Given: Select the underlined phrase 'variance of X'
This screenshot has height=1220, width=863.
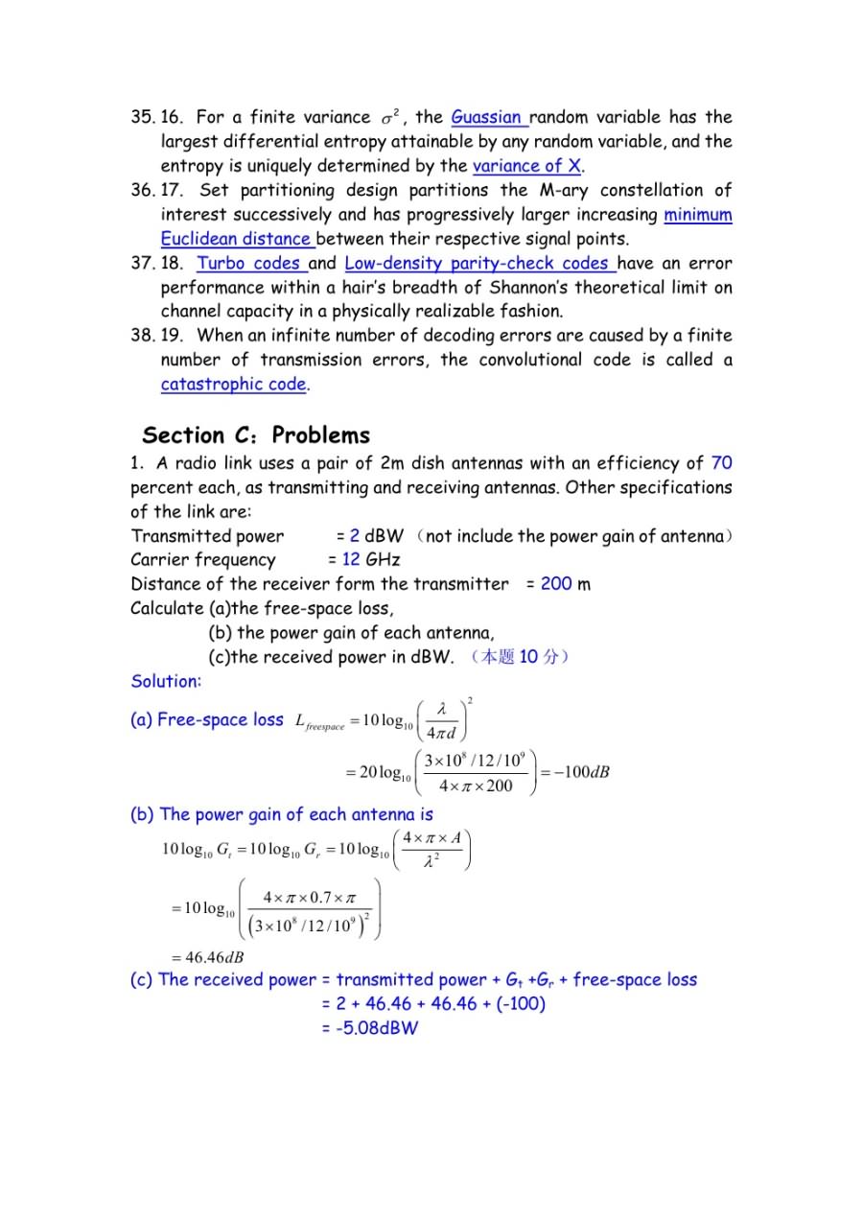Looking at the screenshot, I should tap(526, 166).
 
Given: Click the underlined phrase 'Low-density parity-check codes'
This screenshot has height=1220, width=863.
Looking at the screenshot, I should tap(478, 264).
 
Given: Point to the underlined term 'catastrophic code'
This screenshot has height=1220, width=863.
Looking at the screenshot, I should tap(234, 385).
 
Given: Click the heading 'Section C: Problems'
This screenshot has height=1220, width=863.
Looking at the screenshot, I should tap(256, 435).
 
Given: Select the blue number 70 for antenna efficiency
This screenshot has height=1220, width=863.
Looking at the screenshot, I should tap(721, 463).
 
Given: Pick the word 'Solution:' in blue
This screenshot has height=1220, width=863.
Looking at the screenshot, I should tap(166, 682).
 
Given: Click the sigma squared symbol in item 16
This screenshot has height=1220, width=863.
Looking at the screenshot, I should tap(389, 118).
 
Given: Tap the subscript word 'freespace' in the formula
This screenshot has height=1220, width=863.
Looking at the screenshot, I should tap(325, 727).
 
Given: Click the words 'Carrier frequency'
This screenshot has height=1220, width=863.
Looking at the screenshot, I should tap(203, 560).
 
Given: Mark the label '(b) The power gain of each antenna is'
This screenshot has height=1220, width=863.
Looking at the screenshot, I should tap(281, 815).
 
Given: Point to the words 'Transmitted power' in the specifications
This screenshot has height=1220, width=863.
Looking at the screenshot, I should tap(208, 536).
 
